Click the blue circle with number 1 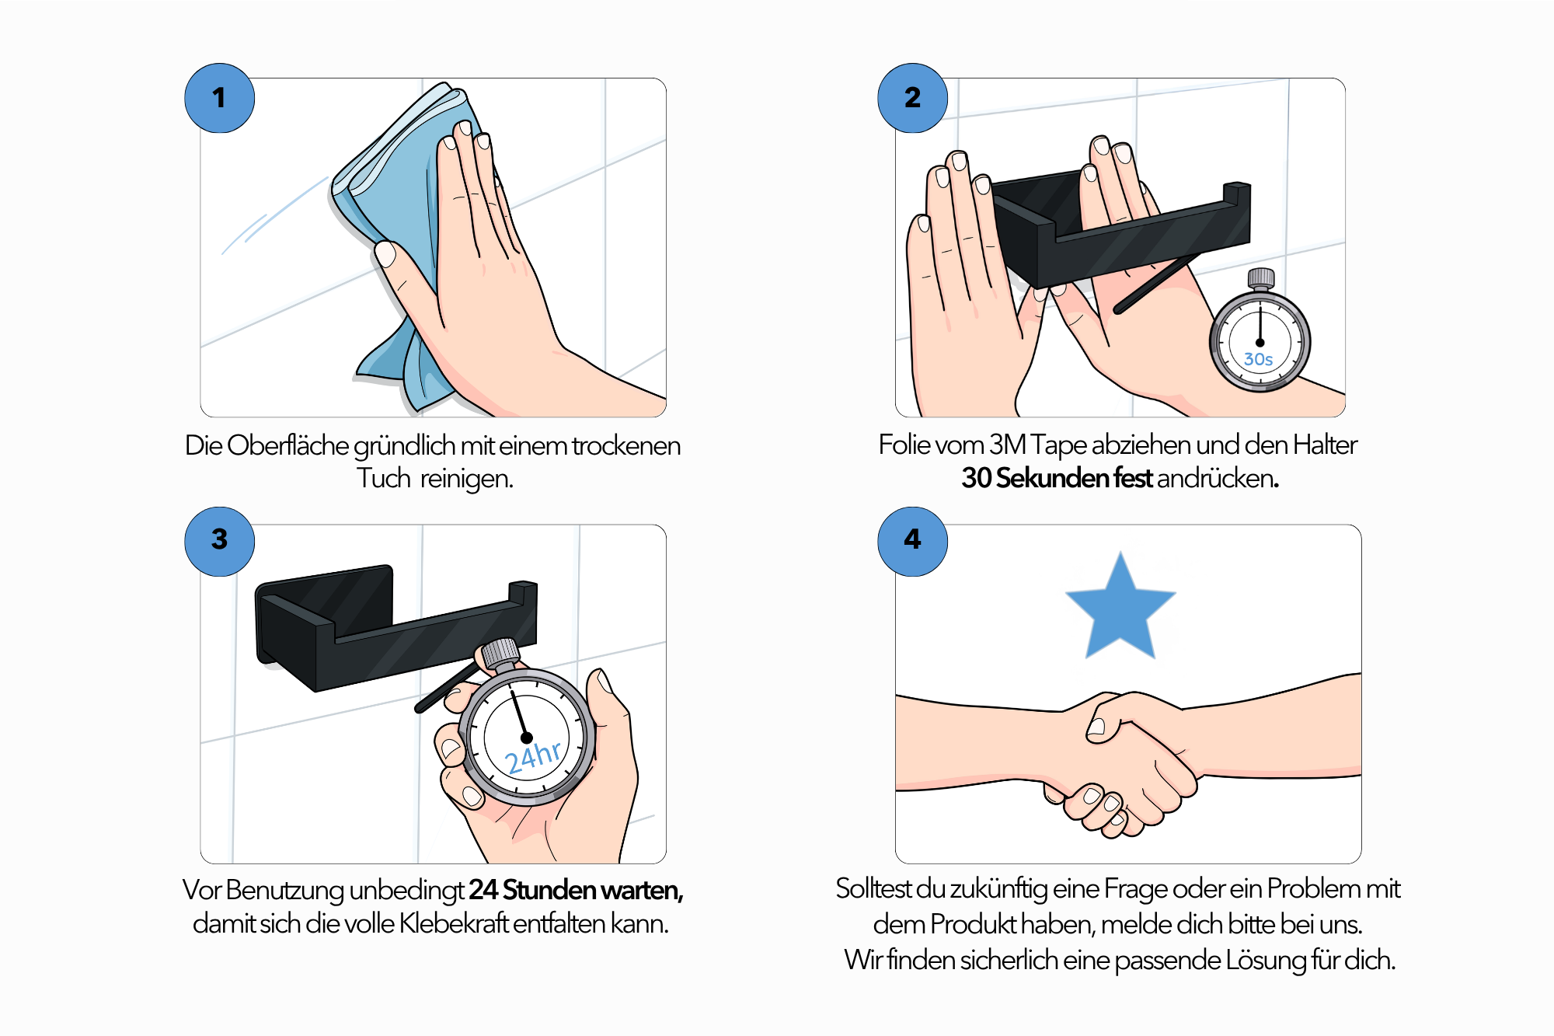[219, 98]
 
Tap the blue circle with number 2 [912, 98]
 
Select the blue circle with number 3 [219, 541]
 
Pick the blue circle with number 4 [912, 541]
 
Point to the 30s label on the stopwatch [1258, 359]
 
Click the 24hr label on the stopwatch [533, 756]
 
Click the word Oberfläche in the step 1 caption [287, 445]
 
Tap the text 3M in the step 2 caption [1007, 445]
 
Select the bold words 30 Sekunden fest [1057, 478]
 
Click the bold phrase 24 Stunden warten [576, 890]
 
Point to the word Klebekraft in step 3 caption [455, 923]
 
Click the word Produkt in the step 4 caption [974, 924]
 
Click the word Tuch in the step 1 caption [383, 479]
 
